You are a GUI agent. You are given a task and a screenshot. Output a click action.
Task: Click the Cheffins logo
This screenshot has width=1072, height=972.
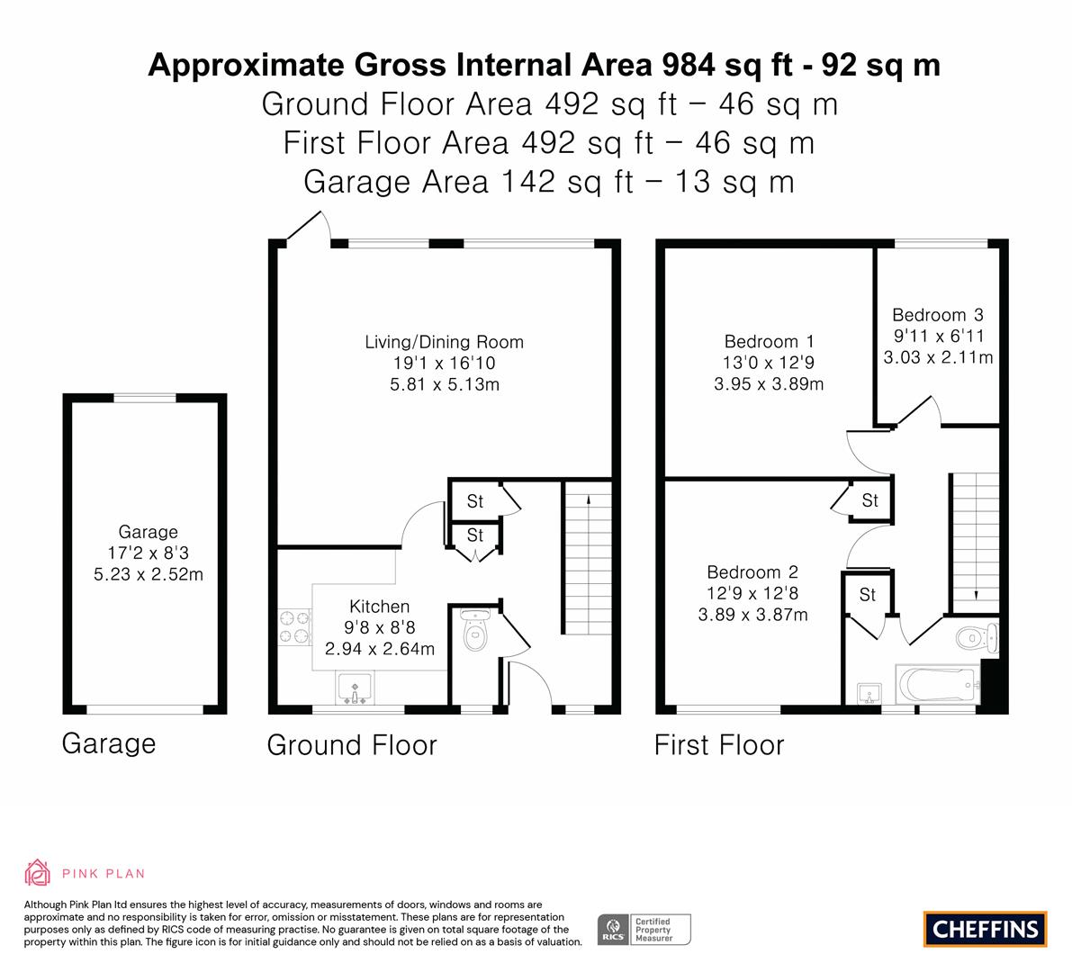tap(985, 929)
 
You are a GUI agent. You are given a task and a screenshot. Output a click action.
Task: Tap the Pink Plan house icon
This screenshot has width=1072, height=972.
tap(37, 872)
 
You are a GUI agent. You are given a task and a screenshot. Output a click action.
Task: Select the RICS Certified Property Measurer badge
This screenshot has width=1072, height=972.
tap(644, 930)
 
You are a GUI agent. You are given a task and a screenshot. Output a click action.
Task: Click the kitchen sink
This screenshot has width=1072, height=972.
tap(354, 688)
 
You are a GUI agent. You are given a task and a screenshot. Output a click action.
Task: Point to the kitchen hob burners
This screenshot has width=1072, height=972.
tap(295, 627)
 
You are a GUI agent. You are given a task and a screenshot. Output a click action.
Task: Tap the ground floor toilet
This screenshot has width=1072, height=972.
tap(475, 629)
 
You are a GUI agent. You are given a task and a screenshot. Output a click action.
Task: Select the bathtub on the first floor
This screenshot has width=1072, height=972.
tap(938, 684)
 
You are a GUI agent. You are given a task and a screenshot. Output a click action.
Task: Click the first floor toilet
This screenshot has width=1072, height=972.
tap(977, 638)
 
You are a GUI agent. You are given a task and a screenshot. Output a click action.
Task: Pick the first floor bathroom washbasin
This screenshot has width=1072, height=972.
tap(869, 693)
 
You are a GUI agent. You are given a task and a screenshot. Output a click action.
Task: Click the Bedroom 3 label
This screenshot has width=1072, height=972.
tap(938, 315)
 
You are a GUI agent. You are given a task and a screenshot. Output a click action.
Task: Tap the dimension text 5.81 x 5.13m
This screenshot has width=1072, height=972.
tap(445, 385)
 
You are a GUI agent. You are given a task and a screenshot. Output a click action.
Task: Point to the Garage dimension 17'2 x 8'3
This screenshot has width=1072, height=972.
tap(149, 553)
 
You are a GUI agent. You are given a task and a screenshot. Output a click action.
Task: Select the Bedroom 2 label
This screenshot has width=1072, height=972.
tap(752, 572)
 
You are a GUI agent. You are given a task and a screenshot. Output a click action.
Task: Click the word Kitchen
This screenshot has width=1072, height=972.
tap(380, 607)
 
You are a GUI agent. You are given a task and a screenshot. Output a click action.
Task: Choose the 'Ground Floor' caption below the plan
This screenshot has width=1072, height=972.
tap(352, 745)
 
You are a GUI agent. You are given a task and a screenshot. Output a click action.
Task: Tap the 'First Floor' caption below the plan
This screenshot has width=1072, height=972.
tap(719, 745)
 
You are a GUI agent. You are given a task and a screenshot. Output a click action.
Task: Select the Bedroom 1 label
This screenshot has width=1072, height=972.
tap(770, 342)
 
